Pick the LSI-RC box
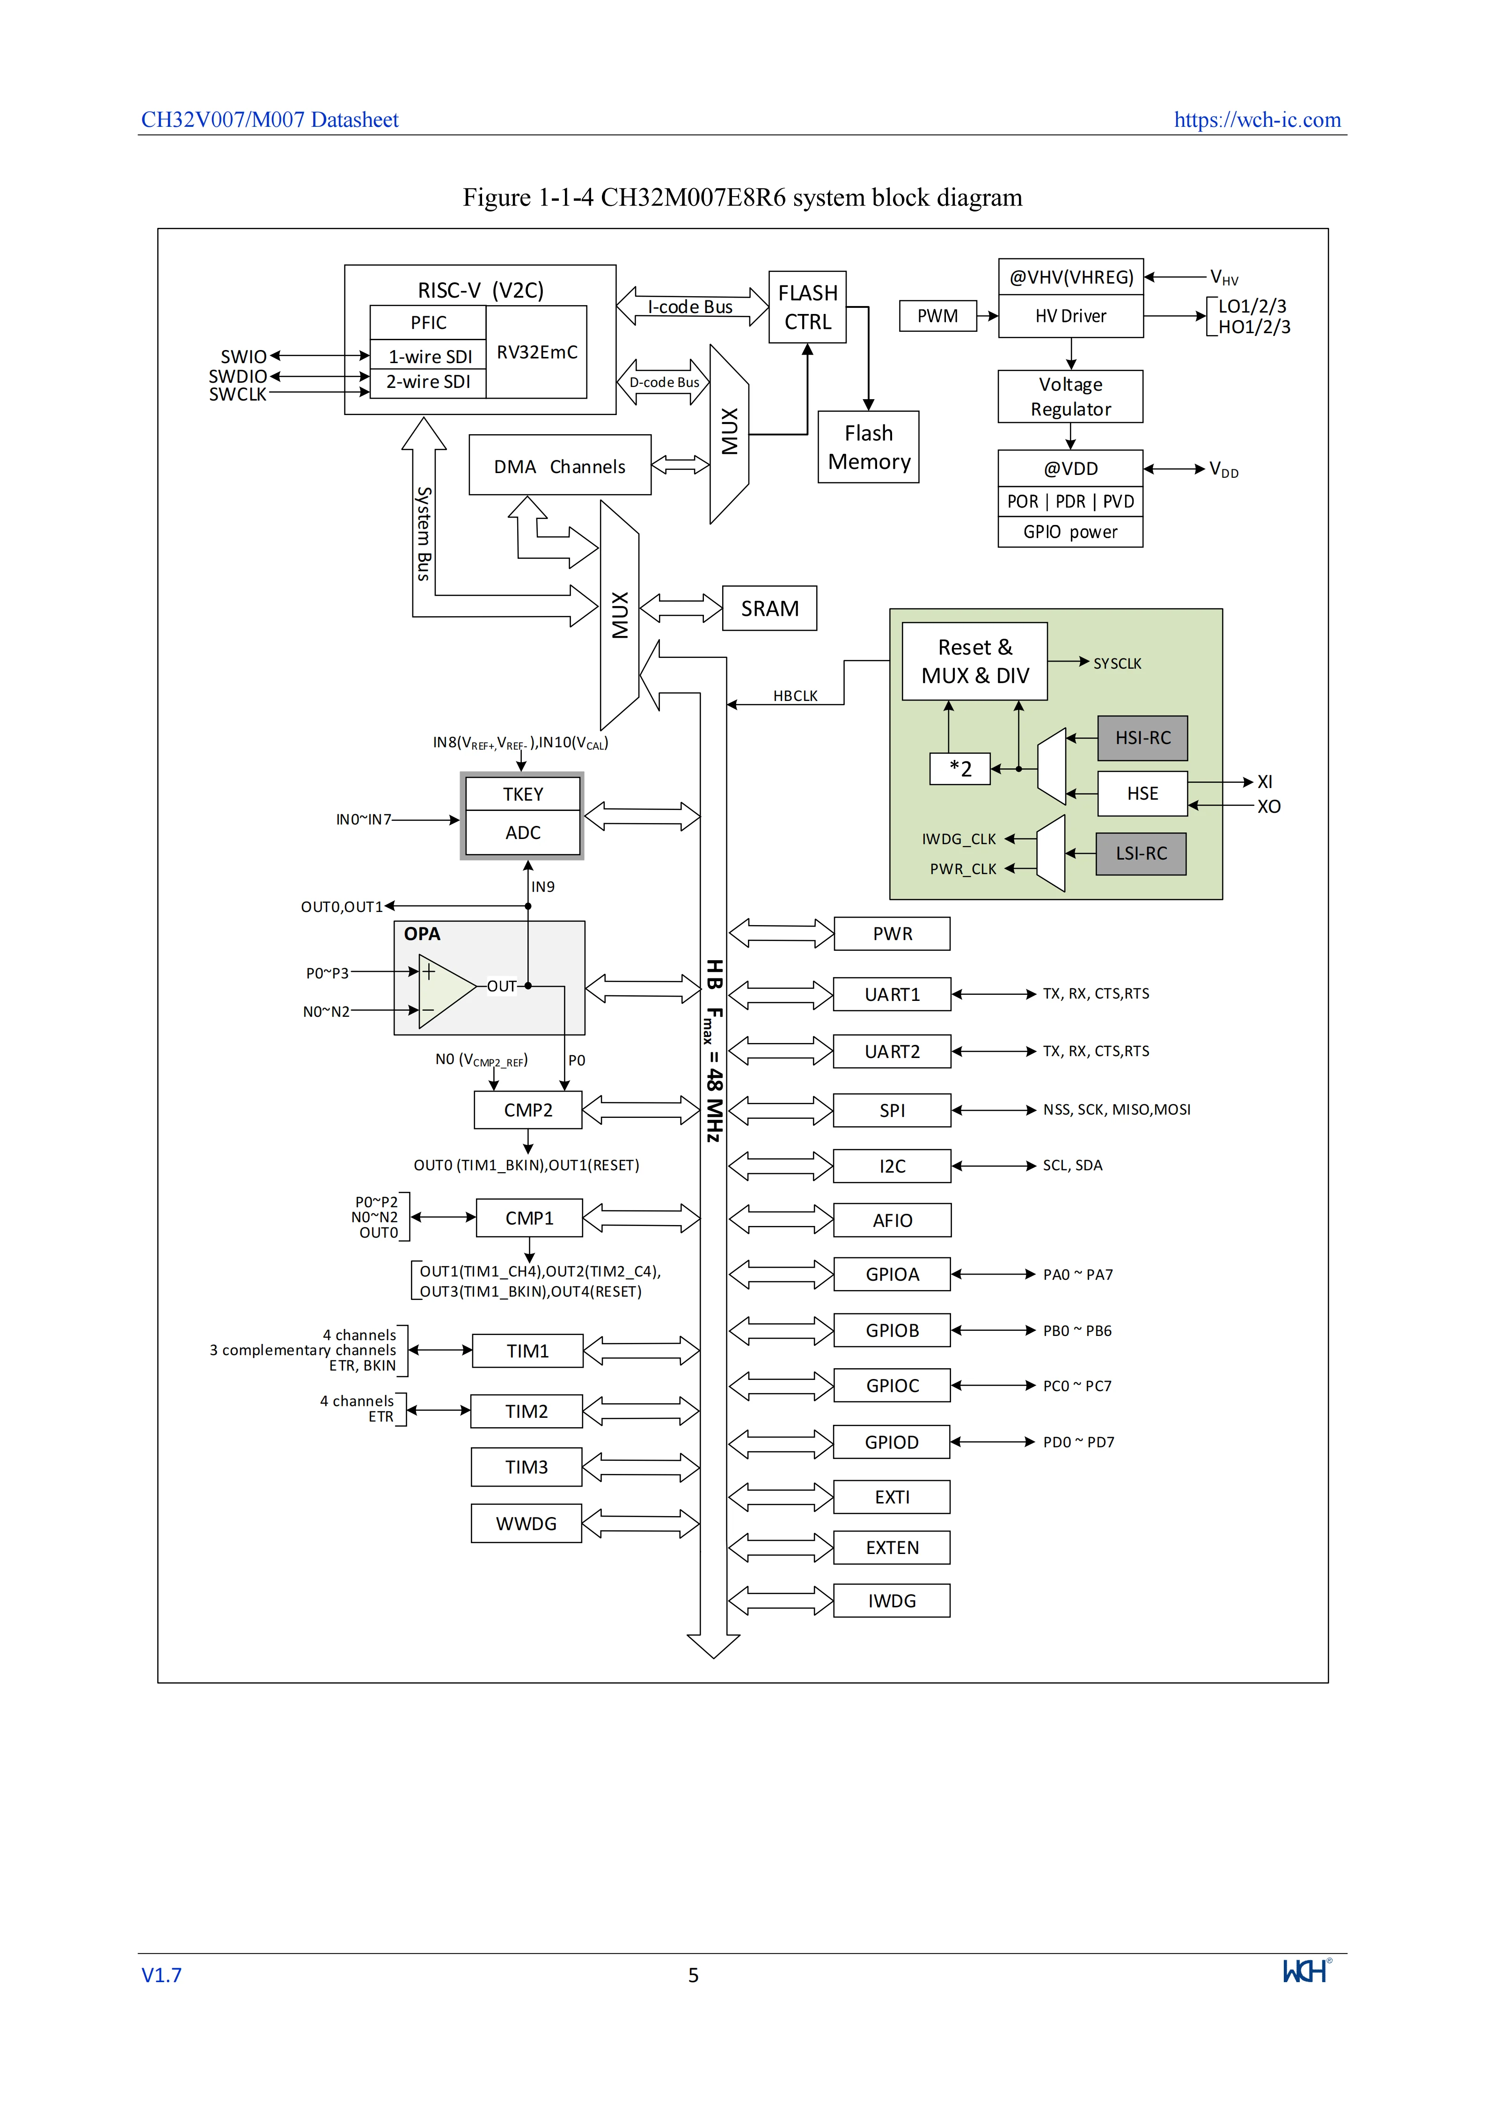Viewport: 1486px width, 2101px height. (1141, 853)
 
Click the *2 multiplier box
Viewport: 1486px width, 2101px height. (960, 769)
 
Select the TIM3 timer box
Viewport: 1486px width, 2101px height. (526, 1467)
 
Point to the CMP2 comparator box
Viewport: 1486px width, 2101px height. (528, 1110)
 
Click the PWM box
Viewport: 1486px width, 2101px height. (938, 316)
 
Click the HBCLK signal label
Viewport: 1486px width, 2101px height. (795, 695)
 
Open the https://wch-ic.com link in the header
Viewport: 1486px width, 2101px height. (1257, 120)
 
